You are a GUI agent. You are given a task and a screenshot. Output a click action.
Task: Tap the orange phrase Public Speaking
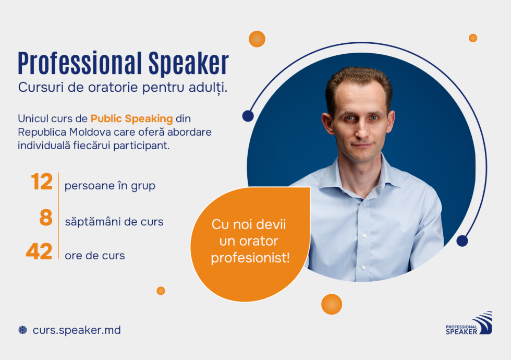coord(131,118)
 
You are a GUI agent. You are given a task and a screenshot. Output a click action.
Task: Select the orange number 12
coord(42,183)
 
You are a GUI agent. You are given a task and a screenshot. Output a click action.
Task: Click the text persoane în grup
coord(110,186)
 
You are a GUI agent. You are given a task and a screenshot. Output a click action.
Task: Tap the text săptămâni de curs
coord(114,222)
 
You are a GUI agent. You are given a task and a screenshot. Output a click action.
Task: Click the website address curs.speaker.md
coord(77,330)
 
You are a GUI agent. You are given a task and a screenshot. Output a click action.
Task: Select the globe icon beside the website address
coord(22,330)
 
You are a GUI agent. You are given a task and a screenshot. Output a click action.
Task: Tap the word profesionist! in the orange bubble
coord(250,258)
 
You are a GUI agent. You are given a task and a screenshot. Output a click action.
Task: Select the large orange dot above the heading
coord(257,39)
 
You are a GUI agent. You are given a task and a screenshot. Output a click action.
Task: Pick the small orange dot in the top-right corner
coord(473,38)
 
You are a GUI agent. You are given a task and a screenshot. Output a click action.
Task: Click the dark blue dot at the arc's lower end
coord(462,241)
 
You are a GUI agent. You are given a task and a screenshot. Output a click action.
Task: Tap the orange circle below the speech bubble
coord(331,304)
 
